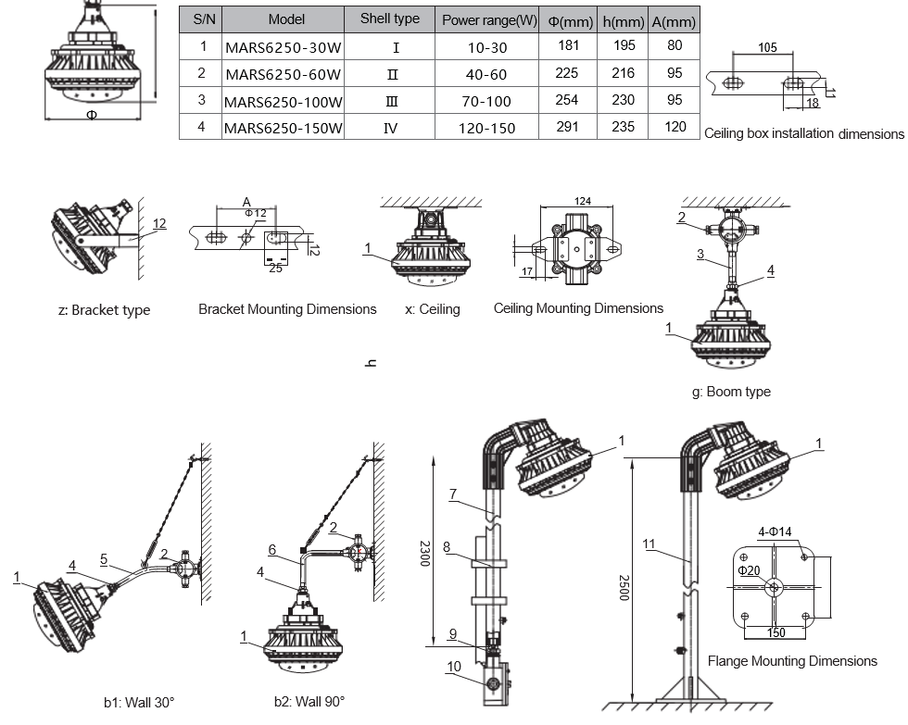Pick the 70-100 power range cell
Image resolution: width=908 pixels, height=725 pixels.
click(x=486, y=101)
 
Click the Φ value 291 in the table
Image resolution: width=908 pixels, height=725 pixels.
click(x=567, y=127)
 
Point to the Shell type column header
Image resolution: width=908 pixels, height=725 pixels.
click(x=389, y=19)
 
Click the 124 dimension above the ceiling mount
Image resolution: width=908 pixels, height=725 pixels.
click(x=582, y=201)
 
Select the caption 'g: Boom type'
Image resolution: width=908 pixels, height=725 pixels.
click(x=731, y=392)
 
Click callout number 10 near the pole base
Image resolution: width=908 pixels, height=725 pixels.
click(x=454, y=665)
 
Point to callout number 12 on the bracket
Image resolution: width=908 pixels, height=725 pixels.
click(x=159, y=223)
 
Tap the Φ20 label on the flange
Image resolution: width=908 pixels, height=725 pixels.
click(x=750, y=570)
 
